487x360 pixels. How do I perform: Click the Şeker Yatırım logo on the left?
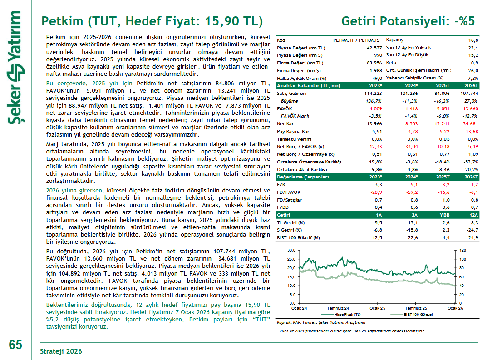pos(15,68)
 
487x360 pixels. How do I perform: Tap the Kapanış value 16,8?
pos(473,40)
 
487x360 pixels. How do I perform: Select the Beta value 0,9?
pos(475,63)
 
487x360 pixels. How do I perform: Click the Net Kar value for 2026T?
pos(470,124)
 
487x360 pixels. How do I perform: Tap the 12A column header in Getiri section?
pos(474,215)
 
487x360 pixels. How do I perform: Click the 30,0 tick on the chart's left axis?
pos(291,250)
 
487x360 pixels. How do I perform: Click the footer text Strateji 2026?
pos(61,351)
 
